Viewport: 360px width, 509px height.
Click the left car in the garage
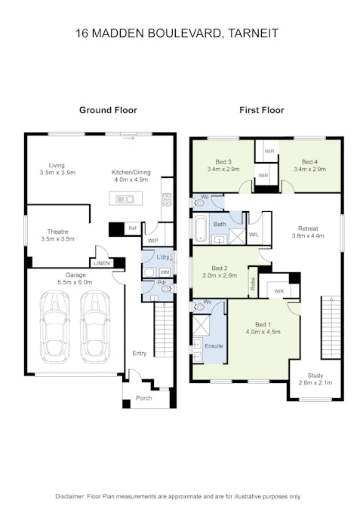tap(54, 327)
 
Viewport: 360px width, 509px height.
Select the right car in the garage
tap(95, 327)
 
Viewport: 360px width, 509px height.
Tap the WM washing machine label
tap(165, 272)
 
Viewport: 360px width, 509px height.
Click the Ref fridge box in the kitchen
tap(132, 228)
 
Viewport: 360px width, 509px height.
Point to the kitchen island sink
tap(125, 198)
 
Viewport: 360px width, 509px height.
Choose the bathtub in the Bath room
tap(201, 229)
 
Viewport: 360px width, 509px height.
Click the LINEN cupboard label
tap(101, 263)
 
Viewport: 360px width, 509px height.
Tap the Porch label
tap(144, 398)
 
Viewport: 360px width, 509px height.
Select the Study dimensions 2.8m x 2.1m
tap(315, 383)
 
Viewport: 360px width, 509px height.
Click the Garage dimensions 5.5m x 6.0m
tap(75, 282)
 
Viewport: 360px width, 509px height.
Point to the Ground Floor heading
tap(108, 110)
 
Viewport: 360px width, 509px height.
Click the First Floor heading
tap(262, 110)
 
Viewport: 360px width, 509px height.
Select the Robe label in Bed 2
tap(254, 284)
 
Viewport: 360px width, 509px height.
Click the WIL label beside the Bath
tap(254, 234)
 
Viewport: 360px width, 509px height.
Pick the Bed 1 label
tap(263, 324)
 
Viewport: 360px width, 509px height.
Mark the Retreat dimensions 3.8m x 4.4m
tap(308, 236)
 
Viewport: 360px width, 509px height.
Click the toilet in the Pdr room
tap(167, 288)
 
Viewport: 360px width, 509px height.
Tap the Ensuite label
tap(214, 346)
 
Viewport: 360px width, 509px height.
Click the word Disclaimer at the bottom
tap(70, 496)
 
